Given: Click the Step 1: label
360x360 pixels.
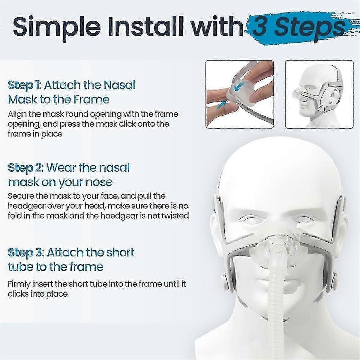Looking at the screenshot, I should pyautogui.click(x=24, y=85).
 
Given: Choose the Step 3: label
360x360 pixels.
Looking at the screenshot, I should pyautogui.click(x=25, y=252).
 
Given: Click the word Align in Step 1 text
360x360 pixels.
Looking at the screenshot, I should pyautogui.click(x=18, y=114).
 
